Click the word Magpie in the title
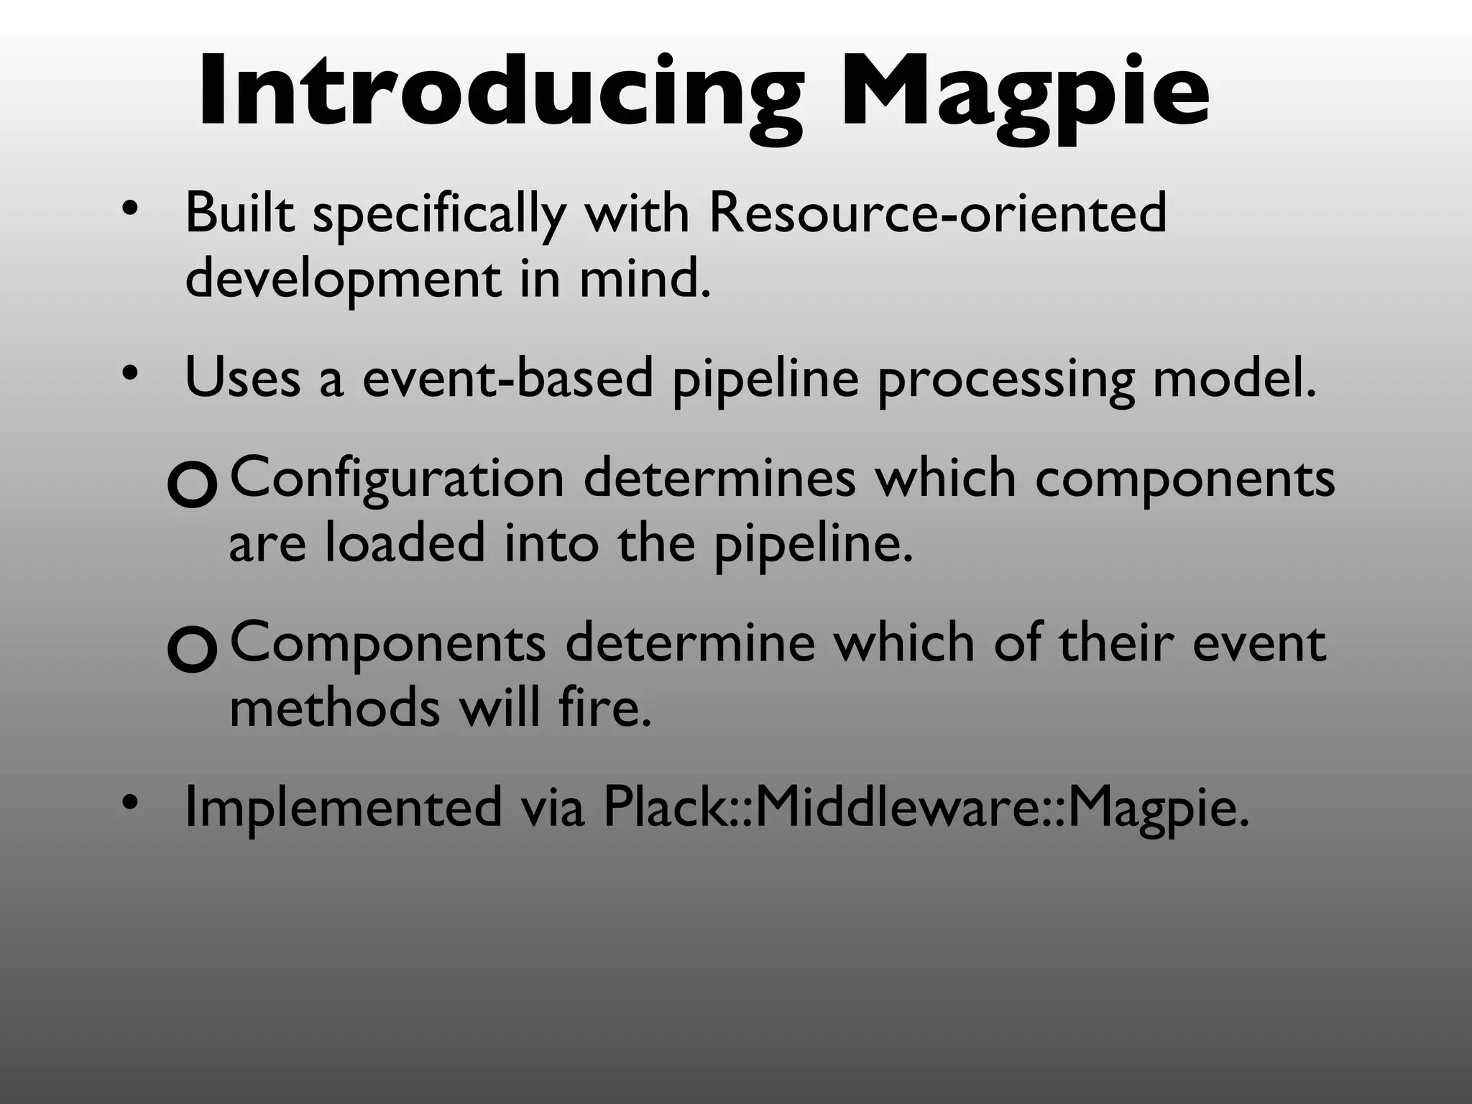(x=1023, y=92)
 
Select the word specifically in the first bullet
(x=439, y=214)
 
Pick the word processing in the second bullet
(x=1006, y=379)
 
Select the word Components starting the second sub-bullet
(x=387, y=643)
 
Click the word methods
(x=334, y=708)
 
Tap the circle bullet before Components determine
(x=191, y=650)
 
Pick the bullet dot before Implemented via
(x=129, y=802)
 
